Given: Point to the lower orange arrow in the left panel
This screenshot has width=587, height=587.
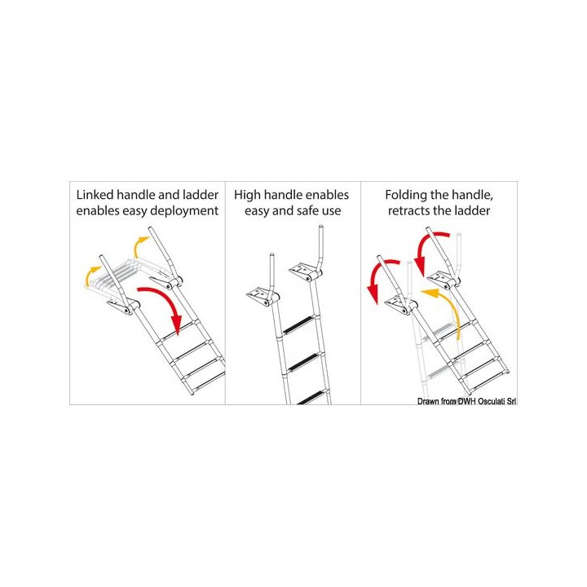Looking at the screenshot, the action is pos(90,275).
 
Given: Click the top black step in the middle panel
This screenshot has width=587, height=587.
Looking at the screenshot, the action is pos(298,324).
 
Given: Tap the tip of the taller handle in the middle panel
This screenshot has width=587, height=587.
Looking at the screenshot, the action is pos(320,227).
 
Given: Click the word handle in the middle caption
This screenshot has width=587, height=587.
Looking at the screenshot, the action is pos(282,196).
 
